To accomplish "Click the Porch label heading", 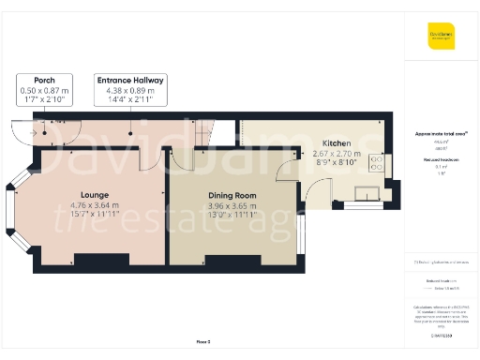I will (x=43, y=81).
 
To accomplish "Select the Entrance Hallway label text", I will (x=131, y=81).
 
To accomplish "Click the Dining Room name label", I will (x=232, y=195).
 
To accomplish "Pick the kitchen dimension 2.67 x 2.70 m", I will (x=336, y=153).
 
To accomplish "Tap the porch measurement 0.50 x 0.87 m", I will (x=43, y=90).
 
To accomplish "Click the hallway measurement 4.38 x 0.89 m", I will (x=131, y=90).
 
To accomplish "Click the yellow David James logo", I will (x=442, y=37).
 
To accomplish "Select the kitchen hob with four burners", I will (x=378, y=163).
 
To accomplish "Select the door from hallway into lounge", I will (x=146, y=161).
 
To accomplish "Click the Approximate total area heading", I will (x=441, y=134).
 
